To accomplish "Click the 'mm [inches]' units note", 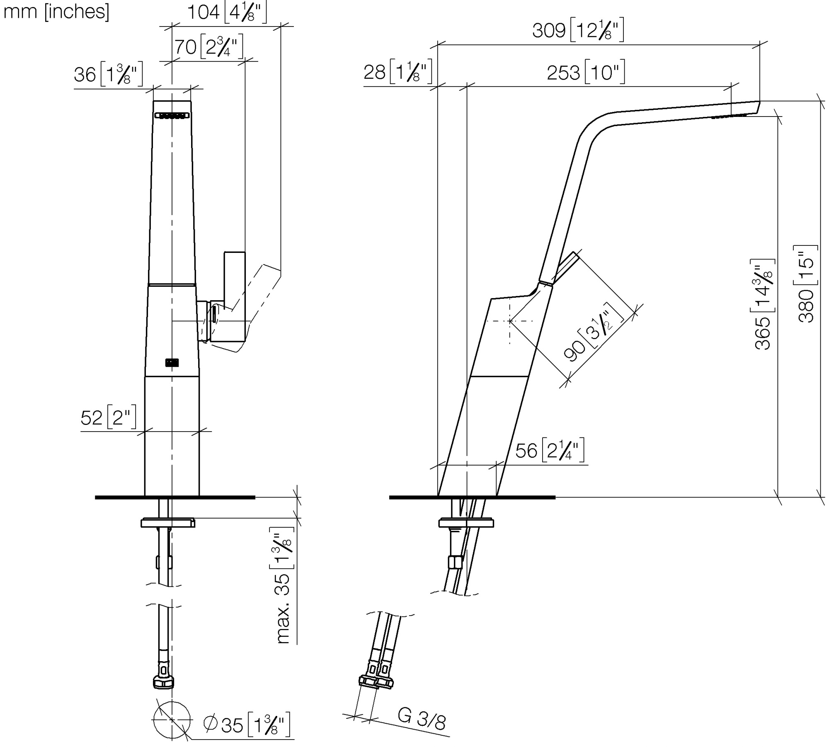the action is [x=56, y=12].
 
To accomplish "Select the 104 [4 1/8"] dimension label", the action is [x=227, y=13].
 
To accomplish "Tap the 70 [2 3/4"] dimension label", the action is [x=208, y=47].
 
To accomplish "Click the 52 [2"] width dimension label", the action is [x=109, y=417].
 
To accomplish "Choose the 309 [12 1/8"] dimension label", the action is [x=578, y=30].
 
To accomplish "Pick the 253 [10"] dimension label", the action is [x=586, y=73].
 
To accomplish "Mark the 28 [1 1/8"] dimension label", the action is [x=398, y=72].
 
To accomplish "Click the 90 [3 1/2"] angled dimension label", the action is [x=594, y=332].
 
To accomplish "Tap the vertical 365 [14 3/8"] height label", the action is [x=763, y=305].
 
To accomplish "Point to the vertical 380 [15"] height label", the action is [x=806, y=284].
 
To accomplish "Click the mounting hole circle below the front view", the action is [x=172, y=720].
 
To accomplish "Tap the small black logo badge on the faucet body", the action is [x=172, y=363].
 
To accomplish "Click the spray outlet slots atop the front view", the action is [x=172, y=116].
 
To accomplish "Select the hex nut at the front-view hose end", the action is [x=164, y=683].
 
